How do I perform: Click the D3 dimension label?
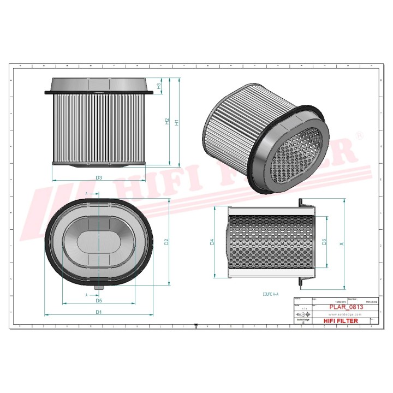click(x=99, y=177)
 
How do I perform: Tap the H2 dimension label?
click(x=167, y=122)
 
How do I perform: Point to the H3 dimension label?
click(x=159, y=86)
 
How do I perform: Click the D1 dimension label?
click(x=99, y=312)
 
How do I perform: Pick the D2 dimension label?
click(x=168, y=241)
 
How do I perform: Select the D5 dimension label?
click(x=99, y=300)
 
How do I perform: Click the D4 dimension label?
click(x=213, y=242)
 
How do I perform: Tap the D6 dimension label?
click(x=324, y=241)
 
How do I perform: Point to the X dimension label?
click(x=342, y=244)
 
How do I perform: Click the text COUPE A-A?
click(x=270, y=294)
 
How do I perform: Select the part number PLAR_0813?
click(x=346, y=307)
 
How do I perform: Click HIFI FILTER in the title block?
click(x=342, y=321)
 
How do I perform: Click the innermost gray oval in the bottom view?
click(x=99, y=241)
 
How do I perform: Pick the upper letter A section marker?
click(x=87, y=194)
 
